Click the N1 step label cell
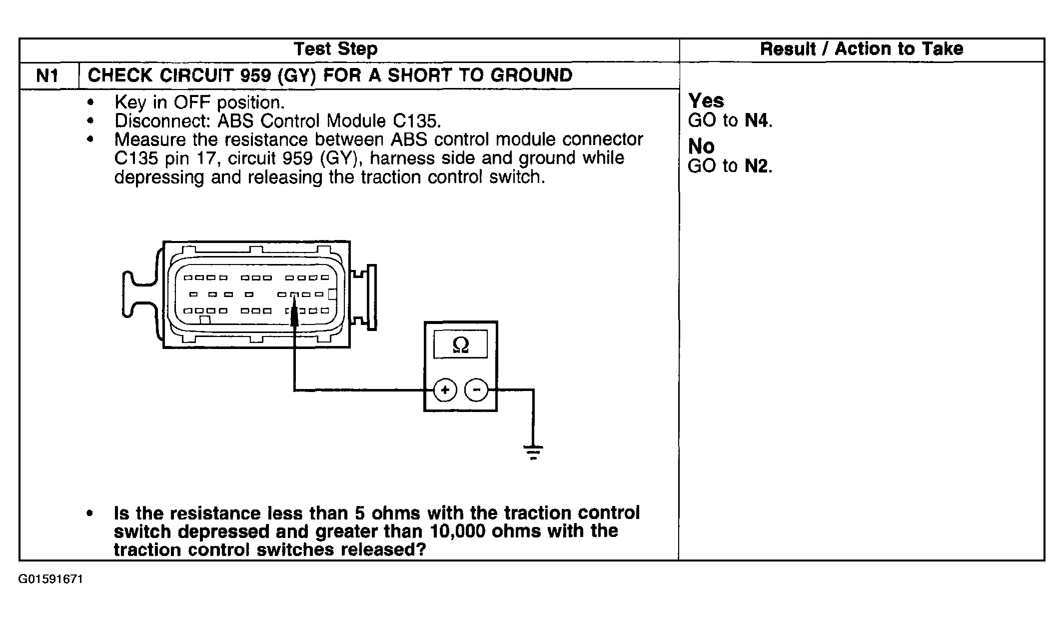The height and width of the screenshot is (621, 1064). click(48, 76)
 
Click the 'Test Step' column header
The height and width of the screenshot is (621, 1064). click(336, 49)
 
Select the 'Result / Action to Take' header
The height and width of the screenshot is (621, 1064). click(861, 49)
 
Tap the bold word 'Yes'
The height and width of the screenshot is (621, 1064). click(706, 101)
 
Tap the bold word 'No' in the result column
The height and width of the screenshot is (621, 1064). click(701, 146)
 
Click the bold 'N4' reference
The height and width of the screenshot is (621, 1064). click(757, 120)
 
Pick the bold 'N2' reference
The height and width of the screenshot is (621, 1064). click(757, 166)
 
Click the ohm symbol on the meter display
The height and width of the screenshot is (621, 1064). click(460, 344)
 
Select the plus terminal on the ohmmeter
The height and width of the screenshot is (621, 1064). click(445, 390)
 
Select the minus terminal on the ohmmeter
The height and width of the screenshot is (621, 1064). click(477, 390)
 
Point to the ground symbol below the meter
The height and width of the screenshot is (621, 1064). click(533, 451)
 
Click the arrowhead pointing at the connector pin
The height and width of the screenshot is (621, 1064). click(294, 316)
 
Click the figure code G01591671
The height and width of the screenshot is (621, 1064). click(50, 579)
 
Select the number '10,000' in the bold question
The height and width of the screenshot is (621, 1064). click(457, 531)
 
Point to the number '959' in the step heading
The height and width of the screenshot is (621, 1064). click(255, 75)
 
